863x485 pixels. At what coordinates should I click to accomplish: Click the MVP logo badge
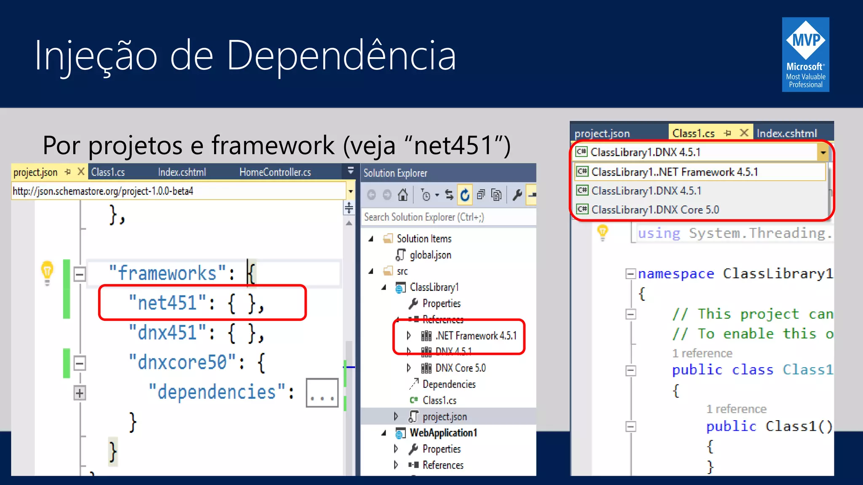[x=805, y=54]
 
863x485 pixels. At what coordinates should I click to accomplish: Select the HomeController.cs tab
[x=275, y=172]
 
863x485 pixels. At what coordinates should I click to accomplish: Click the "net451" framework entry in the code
[x=167, y=303]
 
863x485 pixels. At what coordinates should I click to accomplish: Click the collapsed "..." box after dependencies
[x=322, y=393]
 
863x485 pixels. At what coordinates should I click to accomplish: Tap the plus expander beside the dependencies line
[x=79, y=393]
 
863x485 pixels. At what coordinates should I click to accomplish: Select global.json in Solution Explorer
[x=430, y=255]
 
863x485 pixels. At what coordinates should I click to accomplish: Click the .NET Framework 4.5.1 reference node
[x=475, y=336]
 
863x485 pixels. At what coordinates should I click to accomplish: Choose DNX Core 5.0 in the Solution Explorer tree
[x=460, y=368]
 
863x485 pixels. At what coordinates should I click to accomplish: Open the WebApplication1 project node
[x=443, y=433]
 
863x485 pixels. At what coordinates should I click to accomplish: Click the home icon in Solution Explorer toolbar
[x=403, y=195]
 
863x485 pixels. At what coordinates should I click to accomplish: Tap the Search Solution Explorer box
[x=447, y=217]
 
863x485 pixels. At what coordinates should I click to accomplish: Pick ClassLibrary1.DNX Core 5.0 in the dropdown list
[x=655, y=210]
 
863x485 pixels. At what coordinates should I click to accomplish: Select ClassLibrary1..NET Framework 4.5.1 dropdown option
[x=674, y=172]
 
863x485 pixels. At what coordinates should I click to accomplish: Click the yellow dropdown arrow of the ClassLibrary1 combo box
[x=823, y=152]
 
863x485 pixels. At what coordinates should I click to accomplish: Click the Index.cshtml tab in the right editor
[x=786, y=133]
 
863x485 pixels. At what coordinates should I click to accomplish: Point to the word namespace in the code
[x=676, y=274]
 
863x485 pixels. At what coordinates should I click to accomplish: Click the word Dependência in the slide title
[x=341, y=56]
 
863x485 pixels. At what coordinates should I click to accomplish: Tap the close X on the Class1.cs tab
[x=744, y=133]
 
